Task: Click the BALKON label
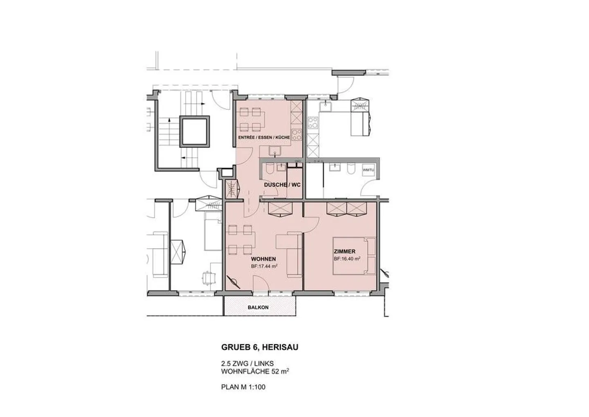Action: (x=258, y=307)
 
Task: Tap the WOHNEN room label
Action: (x=263, y=259)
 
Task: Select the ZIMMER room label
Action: (x=344, y=252)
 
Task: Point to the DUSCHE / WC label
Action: (x=282, y=185)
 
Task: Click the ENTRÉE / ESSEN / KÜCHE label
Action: (x=264, y=137)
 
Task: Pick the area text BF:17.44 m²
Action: (x=264, y=266)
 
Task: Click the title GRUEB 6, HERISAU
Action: (x=260, y=347)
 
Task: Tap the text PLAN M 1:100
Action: (x=243, y=387)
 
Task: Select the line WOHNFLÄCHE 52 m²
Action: (x=255, y=372)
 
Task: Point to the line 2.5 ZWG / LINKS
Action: (x=247, y=364)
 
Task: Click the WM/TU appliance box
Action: (x=368, y=170)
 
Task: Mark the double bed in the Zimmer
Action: (x=354, y=256)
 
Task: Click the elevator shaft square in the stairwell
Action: (x=195, y=131)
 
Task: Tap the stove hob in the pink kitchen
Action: (x=297, y=135)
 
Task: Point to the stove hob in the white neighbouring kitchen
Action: (x=313, y=122)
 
